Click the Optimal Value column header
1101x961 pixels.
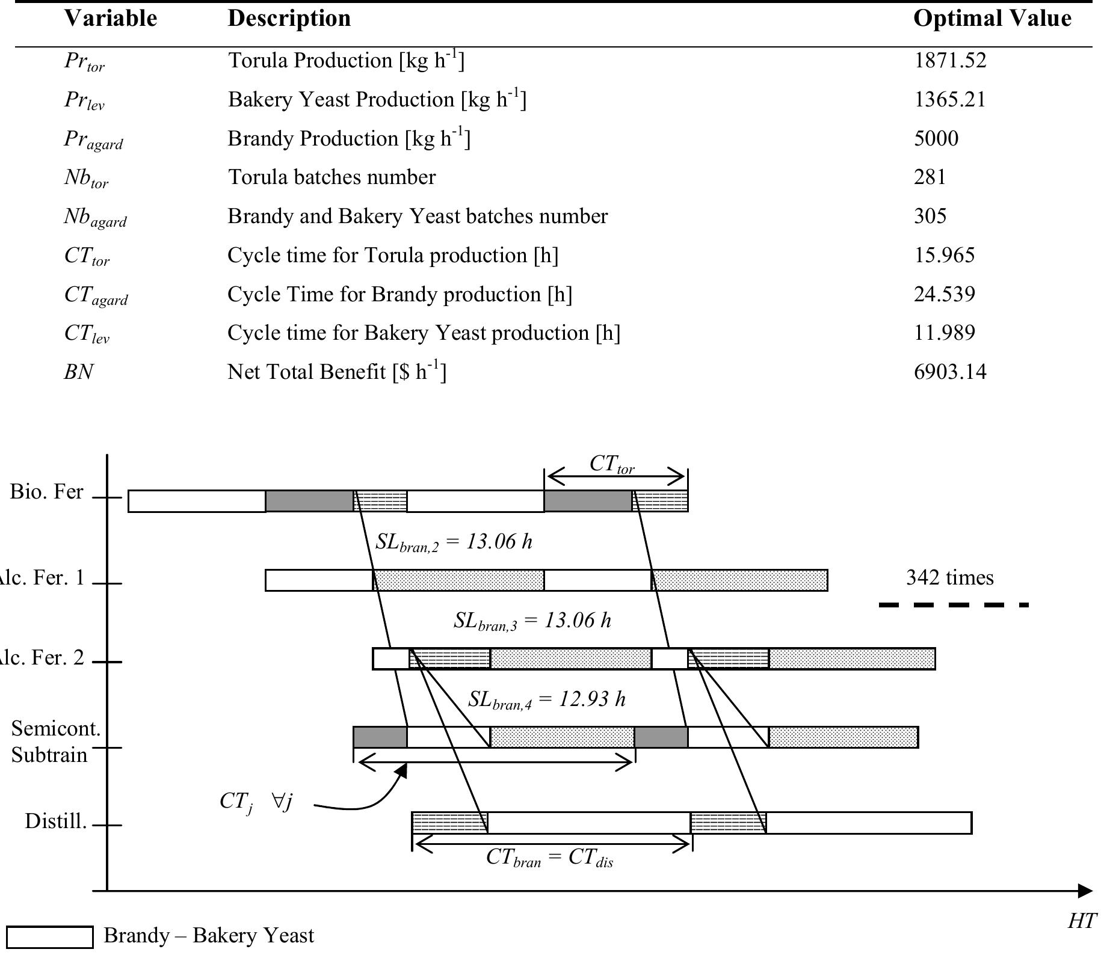tap(992, 19)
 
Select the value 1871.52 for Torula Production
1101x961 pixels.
tap(950, 61)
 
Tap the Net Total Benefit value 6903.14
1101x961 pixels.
tap(950, 372)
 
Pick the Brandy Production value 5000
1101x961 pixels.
tap(936, 139)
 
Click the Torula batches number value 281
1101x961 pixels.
tap(930, 177)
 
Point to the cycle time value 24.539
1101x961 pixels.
tap(944, 294)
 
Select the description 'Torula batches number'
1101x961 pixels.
tap(332, 177)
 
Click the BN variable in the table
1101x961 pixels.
tap(79, 372)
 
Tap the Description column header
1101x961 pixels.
tap(289, 19)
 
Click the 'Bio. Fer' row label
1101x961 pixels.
tap(46, 492)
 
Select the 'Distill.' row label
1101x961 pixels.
tap(55, 821)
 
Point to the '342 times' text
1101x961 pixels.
tap(949, 578)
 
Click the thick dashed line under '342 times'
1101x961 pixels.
tap(954, 605)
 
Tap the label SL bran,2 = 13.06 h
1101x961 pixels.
tap(454, 542)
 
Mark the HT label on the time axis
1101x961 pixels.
tap(1082, 921)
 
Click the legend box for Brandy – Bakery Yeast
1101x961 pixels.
tap(50, 937)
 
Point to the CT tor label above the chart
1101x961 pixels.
tap(611, 464)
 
